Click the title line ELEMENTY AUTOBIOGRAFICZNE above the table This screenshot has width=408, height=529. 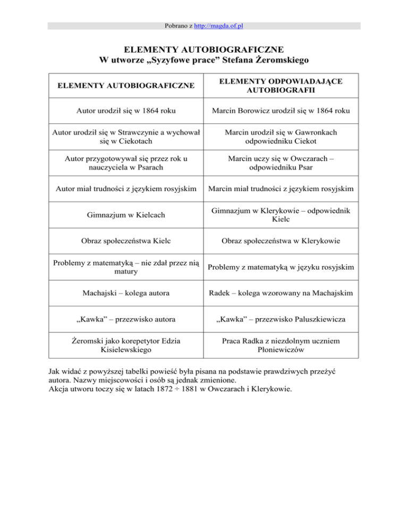204,51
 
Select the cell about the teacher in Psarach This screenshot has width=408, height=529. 126,162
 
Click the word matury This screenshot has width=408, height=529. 126,271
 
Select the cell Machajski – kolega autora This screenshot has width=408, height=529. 126,294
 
